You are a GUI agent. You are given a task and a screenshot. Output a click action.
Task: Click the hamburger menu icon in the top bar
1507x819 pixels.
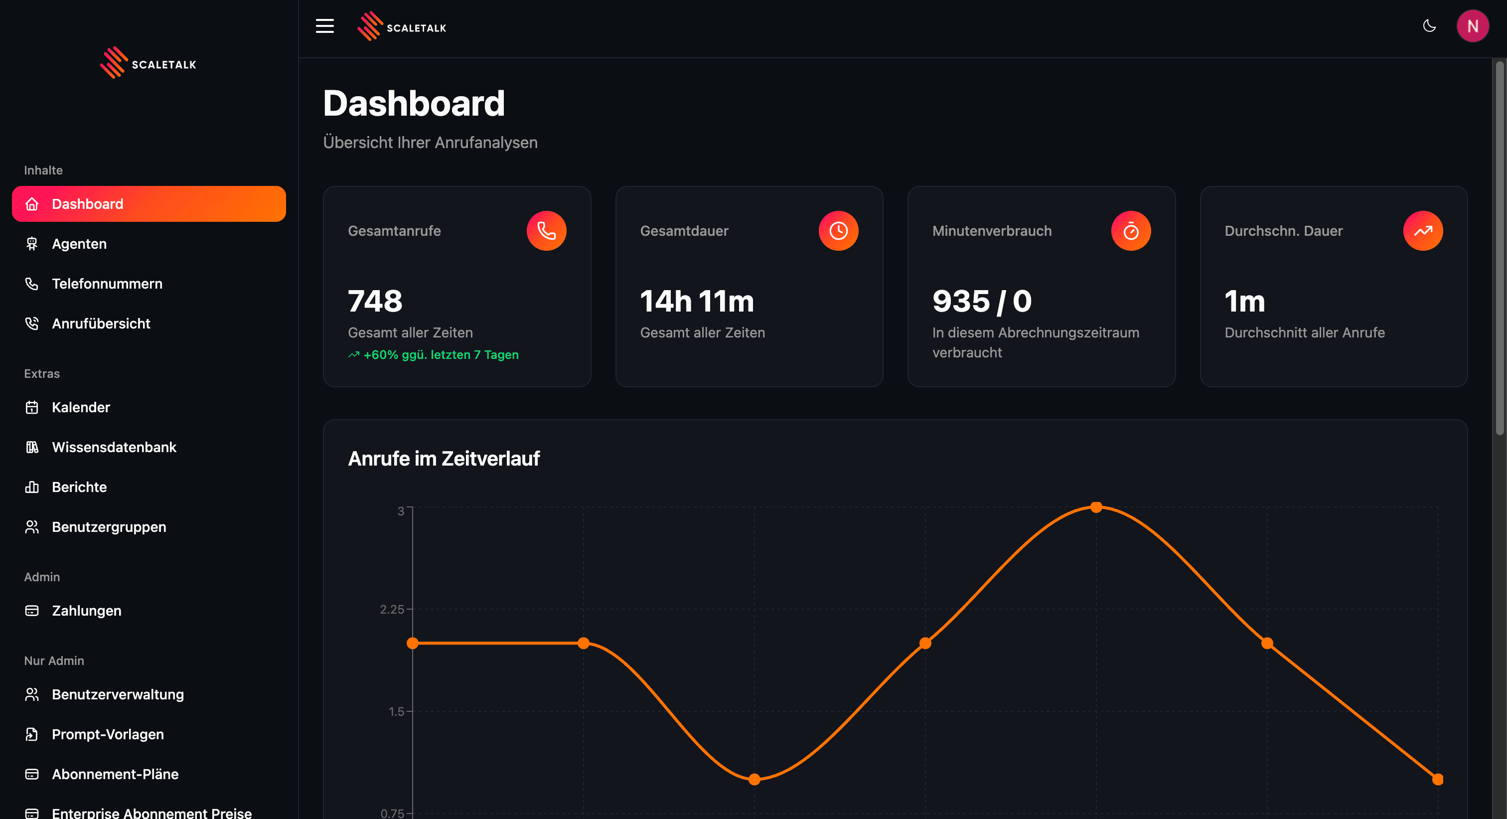tap(325, 26)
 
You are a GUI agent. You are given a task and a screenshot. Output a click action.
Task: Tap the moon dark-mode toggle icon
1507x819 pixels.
tap(1429, 26)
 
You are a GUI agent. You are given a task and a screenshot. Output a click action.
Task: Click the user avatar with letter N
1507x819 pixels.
tap(1473, 26)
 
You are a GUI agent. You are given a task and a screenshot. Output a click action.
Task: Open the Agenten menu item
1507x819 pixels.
tap(79, 244)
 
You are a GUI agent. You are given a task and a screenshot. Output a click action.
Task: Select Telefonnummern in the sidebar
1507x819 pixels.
tap(107, 284)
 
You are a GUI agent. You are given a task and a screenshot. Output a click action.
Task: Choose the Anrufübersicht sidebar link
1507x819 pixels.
tap(101, 324)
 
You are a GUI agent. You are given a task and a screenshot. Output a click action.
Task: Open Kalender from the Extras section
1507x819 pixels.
tap(81, 407)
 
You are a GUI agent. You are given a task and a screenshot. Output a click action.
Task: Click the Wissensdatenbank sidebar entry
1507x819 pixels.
tap(114, 447)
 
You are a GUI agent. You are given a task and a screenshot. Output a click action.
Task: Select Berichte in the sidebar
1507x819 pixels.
tap(79, 487)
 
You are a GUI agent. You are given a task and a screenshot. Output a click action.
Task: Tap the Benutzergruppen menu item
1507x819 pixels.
tap(109, 527)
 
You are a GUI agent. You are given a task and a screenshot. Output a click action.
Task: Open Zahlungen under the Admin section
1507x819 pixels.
tap(87, 611)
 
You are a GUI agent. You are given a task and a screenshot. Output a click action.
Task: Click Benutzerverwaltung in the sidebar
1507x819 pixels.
tap(118, 694)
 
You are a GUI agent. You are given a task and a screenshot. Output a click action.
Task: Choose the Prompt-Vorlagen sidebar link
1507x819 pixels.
tap(108, 734)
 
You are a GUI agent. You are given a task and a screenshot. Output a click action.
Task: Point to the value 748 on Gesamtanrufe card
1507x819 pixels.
tap(375, 301)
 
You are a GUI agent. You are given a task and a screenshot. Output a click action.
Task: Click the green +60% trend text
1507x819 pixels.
tap(441, 355)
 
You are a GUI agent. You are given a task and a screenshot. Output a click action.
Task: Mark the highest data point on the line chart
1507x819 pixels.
tap(1096, 507)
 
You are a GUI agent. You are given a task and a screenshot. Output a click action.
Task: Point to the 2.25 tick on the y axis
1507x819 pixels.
tap(392, 610)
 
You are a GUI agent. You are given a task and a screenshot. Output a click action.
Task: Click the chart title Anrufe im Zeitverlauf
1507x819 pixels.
tap(444, 459)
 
